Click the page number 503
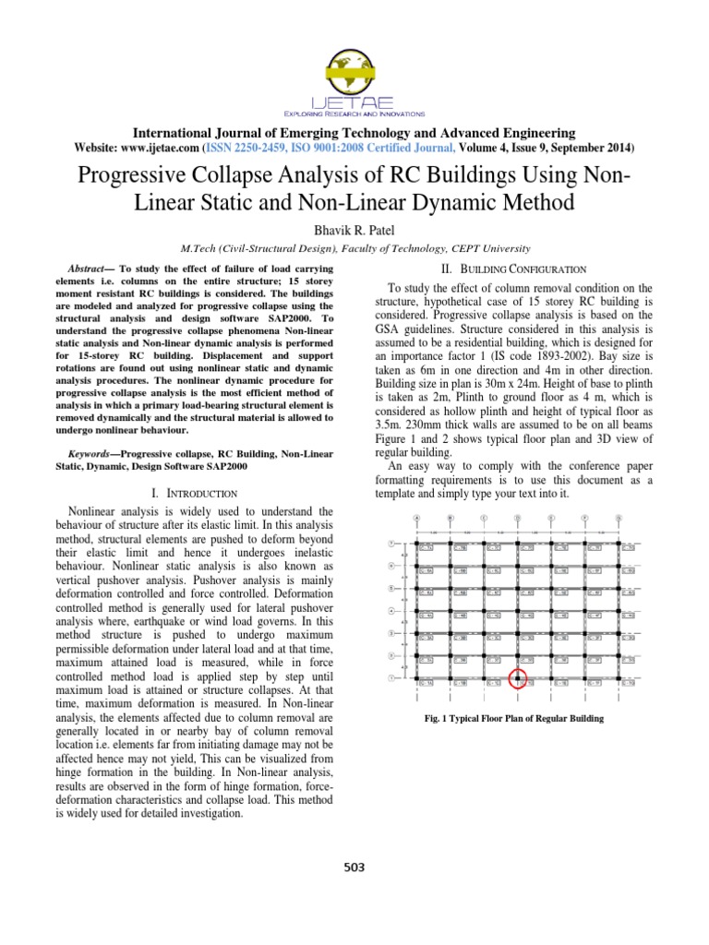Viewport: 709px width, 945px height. (354, 867)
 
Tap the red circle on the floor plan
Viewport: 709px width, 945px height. (518, 681)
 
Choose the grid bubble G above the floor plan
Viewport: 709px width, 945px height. (618, 518)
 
